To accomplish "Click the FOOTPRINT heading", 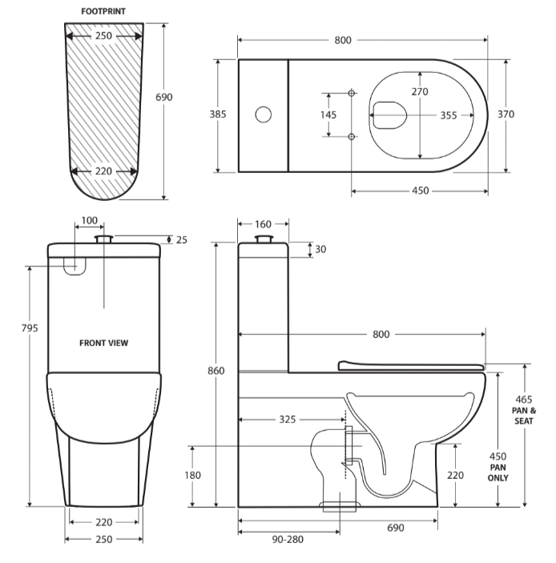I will point(103,12).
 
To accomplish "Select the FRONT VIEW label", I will point(103,343).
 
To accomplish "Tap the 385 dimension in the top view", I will point(217,115).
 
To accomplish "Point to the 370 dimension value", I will point(506,115).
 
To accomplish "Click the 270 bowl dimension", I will point(420,91).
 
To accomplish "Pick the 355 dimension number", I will point(448,115).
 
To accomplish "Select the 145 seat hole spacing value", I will point(328,115).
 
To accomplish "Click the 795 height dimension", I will point(29,328).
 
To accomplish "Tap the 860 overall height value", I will point(216,371).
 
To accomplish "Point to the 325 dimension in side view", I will point(290,419).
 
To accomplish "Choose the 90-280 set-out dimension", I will point(288,539).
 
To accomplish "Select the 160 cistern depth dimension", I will point(263,225).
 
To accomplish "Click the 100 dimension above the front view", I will point(90,220).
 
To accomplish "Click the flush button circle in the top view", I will point(263,115).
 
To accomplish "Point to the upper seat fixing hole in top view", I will point(352,94).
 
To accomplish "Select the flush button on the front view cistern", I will point(103,239).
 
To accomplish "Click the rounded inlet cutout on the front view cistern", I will point(73,267).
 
